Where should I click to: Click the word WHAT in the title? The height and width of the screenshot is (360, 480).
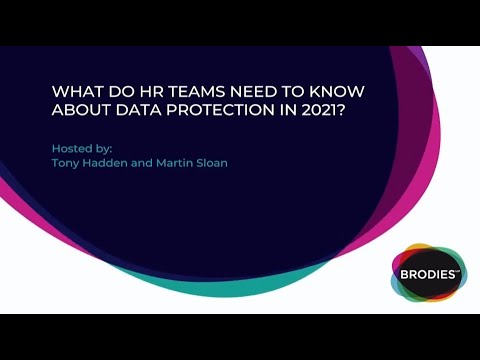73,90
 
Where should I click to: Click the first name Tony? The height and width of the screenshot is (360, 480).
66,163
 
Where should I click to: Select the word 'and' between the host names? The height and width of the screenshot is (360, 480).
140,163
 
